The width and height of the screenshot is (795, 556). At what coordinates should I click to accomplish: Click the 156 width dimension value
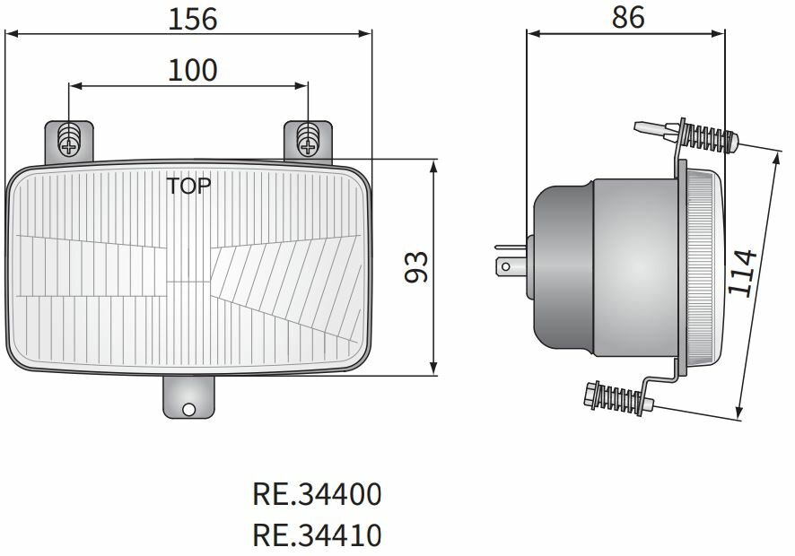pos(193,18)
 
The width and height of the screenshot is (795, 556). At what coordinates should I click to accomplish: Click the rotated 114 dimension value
pos(743,273)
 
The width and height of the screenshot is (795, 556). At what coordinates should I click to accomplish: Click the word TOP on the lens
pos(189,187)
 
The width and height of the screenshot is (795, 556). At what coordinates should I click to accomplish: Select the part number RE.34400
pos(317,494)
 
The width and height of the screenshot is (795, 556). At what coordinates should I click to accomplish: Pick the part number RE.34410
pos(317,535)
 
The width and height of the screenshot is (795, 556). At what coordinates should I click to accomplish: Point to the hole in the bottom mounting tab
pos(188,410)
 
